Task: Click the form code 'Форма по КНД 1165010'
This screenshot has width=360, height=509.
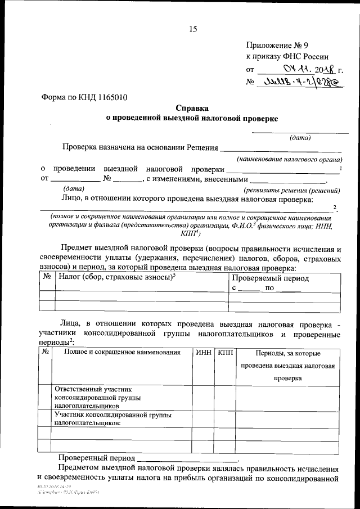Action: (x=84, y=97)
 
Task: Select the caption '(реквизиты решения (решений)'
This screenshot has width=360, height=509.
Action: (x=291, y=190)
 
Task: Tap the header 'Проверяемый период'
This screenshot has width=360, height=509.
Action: (x=270, y=278)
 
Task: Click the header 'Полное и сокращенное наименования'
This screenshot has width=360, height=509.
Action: (x=122, y=353)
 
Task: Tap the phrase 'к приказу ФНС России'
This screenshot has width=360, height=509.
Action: (x=287, y=57)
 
